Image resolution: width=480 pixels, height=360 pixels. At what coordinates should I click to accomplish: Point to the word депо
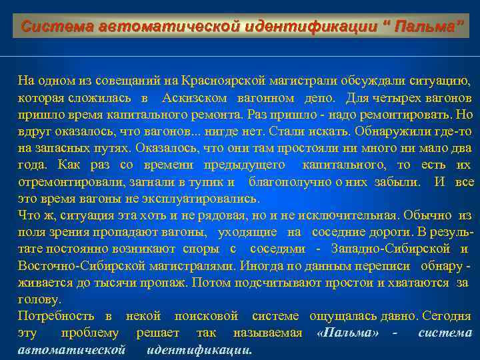[321, 98]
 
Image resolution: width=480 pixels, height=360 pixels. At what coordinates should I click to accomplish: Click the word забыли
[395, 181]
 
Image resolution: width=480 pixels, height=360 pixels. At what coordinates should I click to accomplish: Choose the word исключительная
[358, 215]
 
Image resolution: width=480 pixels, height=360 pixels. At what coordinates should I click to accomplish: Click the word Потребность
[56, 315]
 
